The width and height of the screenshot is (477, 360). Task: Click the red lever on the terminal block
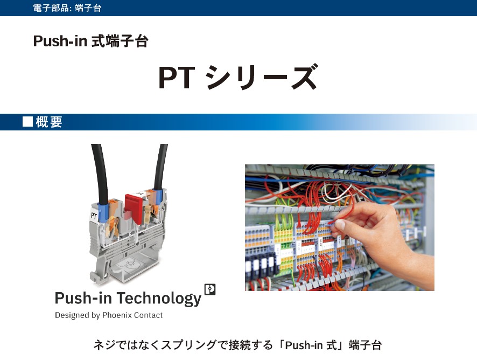coord(132,205)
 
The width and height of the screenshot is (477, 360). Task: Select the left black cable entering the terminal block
coord(99,172)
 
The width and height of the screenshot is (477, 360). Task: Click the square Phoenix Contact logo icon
coord(210,289)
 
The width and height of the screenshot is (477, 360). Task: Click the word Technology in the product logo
coord(159,298)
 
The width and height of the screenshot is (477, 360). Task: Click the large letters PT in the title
coord(176,78)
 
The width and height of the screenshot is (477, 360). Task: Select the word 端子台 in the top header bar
coord(89,8)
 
